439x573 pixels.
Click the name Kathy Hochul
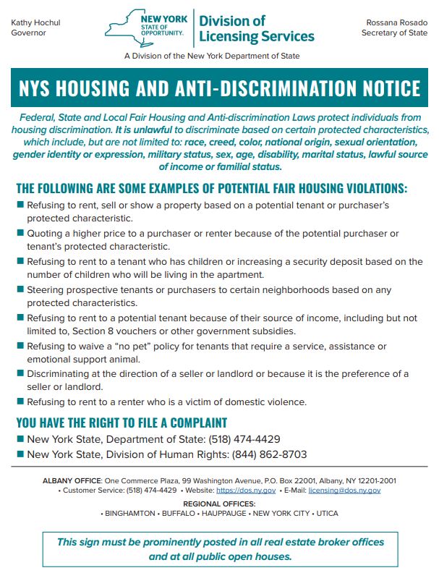[35, 23]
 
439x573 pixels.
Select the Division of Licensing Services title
[257, 28]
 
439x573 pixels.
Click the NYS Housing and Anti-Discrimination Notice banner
[219, 88]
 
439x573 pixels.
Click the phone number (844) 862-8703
[269, 454]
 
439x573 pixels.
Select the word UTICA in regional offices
[325, 513]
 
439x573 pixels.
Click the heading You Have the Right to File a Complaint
[122, 423]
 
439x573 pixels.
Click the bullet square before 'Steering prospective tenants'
[20, 290]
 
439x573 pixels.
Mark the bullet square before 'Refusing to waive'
[20, 347]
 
